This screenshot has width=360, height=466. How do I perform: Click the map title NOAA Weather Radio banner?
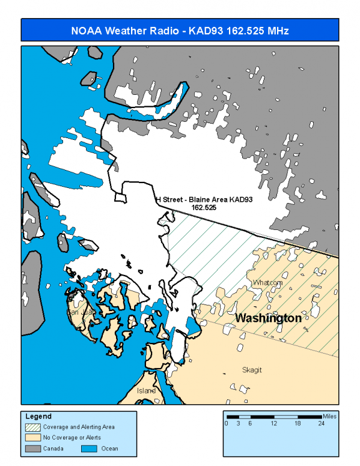click(x=180, y=30)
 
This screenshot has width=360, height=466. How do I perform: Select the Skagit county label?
click(x=252, y=370)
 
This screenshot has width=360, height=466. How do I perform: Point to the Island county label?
click(x=147, y=390)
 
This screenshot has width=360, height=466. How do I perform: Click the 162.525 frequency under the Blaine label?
click(x=204, y=207)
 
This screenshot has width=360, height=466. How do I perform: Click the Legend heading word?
click(x=38, y=416)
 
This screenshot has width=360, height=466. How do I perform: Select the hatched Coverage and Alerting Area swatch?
click(x=33, y=427)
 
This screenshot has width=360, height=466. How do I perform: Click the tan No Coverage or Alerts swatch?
click(x=33, y=438)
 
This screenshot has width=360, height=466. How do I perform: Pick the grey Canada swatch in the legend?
click(x=33, y=449)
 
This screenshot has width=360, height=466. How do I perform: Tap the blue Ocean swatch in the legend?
click(x=91, y=449)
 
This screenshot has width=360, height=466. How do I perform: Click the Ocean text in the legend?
click(x=110, y=449)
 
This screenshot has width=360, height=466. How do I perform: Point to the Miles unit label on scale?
click(x=329, y=416)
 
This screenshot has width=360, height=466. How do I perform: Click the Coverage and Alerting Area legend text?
click(x=79, y=427)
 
